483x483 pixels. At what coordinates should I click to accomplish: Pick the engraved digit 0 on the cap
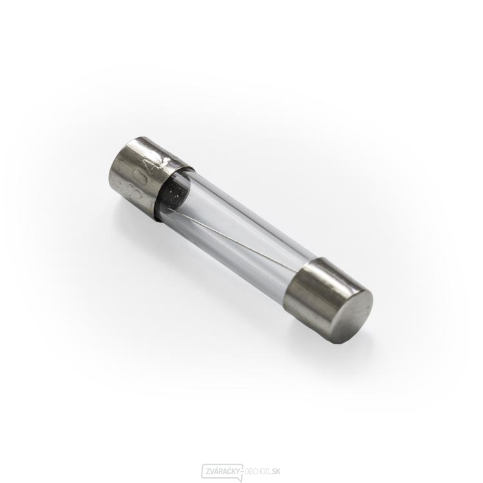coord(140,176)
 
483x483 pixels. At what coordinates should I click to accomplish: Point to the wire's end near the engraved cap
coord(184,207)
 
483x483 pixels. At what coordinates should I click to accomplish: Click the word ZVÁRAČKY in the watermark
coord(223,471)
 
